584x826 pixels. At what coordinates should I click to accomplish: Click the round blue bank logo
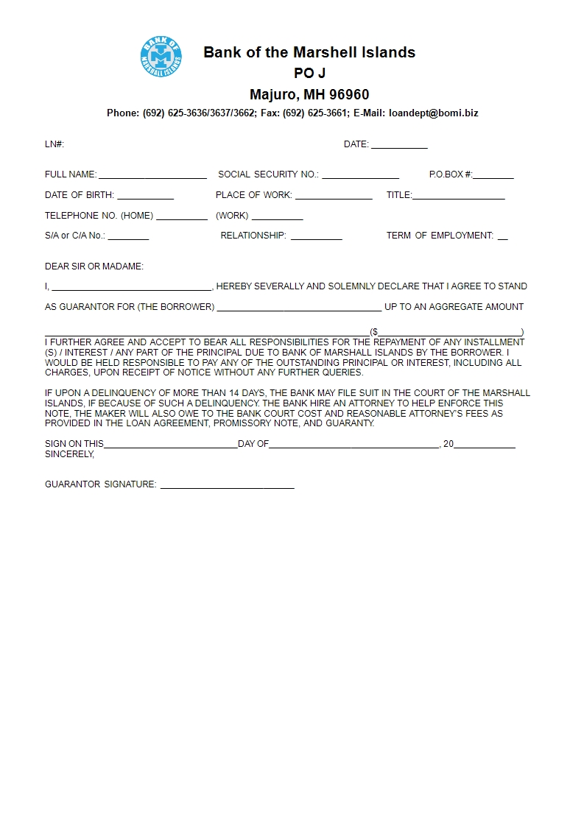click(161, 57)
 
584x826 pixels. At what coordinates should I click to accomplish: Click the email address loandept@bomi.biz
click(434, 113)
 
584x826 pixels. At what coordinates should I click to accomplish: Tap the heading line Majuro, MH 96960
click(309, 95)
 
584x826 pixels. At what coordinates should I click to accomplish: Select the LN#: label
click(54, 144)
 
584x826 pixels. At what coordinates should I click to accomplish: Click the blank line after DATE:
click(399, 146)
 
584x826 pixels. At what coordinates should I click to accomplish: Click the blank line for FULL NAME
click(152, 176)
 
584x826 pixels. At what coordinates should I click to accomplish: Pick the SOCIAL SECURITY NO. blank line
click(360, 176)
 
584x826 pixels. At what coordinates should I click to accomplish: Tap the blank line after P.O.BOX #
click(493, 176)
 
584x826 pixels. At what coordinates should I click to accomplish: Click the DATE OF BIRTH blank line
click(145, 197)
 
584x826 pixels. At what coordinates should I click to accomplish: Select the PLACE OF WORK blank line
click(334, 197)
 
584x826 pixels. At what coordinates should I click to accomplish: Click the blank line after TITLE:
click(459, 197)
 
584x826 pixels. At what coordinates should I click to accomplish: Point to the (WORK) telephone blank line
click(277, 217)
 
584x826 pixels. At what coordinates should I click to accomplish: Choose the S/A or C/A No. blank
click(128, 237)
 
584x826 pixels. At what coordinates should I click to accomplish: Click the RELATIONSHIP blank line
click(316, 237)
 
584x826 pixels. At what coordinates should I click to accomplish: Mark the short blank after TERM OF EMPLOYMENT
click(502, 237)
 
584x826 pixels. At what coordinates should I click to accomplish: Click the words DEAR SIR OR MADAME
click(94, 266)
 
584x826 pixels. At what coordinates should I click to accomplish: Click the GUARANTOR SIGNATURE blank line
click(227, 486)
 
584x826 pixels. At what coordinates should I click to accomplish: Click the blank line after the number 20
click(484, 445)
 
